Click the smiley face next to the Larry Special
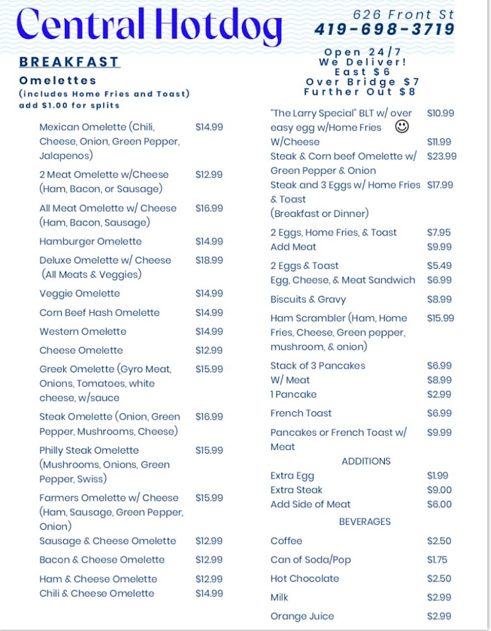[x=401, y=127]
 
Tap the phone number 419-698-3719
[x=384, y=29]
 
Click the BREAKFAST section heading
[x=69, y=62]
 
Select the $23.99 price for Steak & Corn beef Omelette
[x=442, y=156]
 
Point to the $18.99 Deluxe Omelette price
[x=209, y=260]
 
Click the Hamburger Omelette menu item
[x=90, y=241]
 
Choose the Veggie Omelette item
[x=80, y=293]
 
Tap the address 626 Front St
[x=403, y=14]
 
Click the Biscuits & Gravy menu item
[x=308, y=299]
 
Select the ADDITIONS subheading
[x=366, y=461]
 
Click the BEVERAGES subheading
[x=365, y=522]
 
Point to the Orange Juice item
[x=302, y=616]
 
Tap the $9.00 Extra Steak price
[x=439, y=490]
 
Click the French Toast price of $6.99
[x=439, y=413]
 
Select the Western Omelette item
[x=83, y=331]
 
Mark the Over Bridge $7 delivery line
[x=362, y=82]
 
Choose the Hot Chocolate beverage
[x=305, y=579]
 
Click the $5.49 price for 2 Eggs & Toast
[x=439, y=266]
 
